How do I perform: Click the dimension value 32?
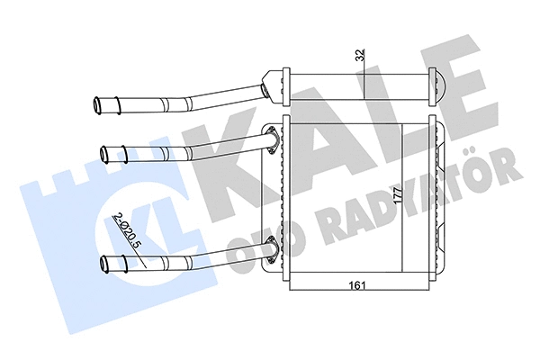point(359,55)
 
